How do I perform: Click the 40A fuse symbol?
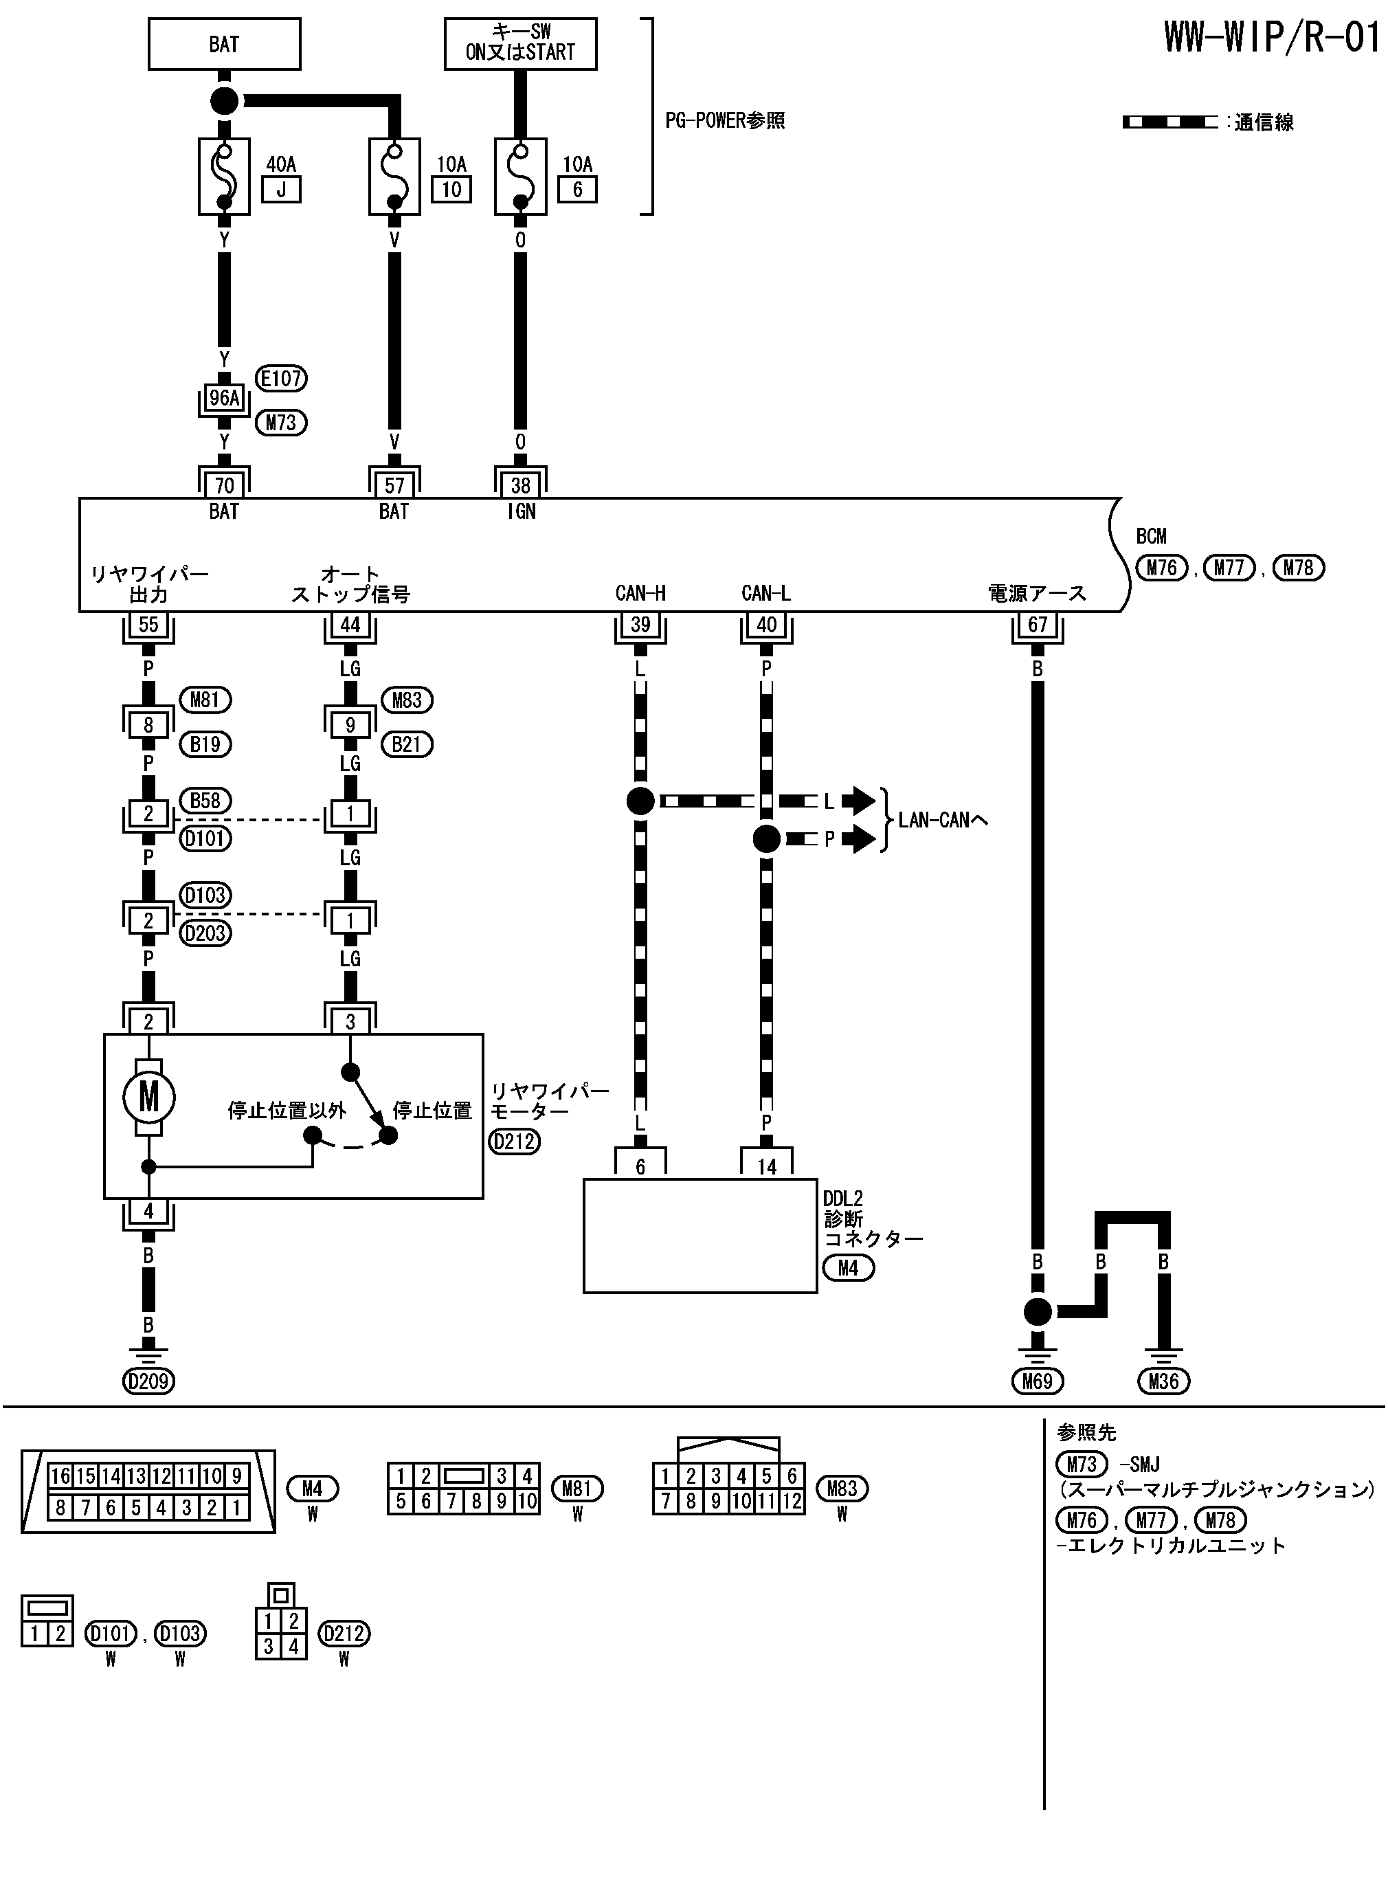click(x=223, y=177)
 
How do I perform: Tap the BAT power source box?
click(x=223, y=44)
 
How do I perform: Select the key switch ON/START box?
click(x=520, y=44)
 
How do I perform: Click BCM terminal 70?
click(x=224, y=485)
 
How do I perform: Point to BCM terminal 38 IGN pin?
click(x=520, y=485)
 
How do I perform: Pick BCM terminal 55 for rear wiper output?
click(x=148, y=624)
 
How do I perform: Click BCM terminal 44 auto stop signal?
click(x=350, y=624)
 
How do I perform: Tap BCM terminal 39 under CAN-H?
click(x=640, y=624)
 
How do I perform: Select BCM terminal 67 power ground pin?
click(x=1038, y=624)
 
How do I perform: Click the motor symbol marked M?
click(x=148, y=1096)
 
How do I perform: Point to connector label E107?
click(x=280, y=379)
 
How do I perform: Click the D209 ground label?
click(x=148, y=1380)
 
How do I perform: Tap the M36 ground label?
click(x=1164, y=1380)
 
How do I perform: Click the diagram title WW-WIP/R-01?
click(x=1271, y=38)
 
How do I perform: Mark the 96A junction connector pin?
click(x=224, y=398)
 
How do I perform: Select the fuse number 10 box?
click(x=452, y=189)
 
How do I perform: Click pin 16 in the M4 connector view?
click(x=60, y=1476)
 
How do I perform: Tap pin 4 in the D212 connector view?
click(x=293, y=1646)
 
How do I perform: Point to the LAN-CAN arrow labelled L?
click(x=858, y=801)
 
